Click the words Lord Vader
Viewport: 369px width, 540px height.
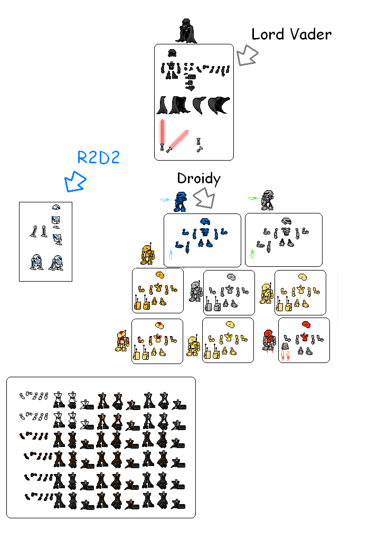[291, 35]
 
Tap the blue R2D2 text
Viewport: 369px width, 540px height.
[99, 157]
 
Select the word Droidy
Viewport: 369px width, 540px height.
[198, 179]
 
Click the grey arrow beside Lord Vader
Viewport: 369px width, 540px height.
[247, 55]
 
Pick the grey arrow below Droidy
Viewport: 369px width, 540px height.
[204, 198]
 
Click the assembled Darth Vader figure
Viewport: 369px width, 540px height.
[186, 30]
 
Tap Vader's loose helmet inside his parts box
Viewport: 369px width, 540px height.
[172, 53]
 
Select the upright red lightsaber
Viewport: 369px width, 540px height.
[163, 134]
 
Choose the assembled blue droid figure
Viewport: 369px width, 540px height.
[179, 202]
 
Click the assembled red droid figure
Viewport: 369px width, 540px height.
[269, 340]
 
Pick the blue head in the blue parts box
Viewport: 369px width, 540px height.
[205, 221]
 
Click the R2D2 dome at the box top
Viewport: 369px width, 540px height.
[56, 207]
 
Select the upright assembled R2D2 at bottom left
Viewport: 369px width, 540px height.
[36, 262]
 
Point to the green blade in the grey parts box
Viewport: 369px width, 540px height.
[252, 255]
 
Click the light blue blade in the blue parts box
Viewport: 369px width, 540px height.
[171, 255]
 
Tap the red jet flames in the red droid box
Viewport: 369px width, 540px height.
[285, 357]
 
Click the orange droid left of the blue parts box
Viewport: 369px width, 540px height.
[147, 254]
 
